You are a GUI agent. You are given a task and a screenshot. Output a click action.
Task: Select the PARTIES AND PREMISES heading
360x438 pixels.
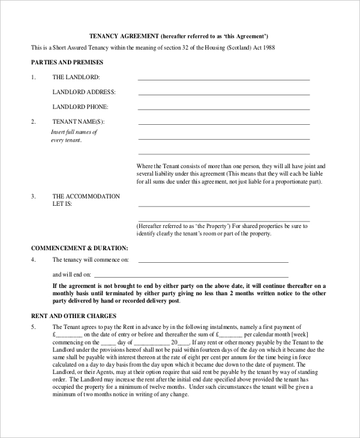point(67,62)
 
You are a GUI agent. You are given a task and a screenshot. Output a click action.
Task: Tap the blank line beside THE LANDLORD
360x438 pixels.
point(224,79)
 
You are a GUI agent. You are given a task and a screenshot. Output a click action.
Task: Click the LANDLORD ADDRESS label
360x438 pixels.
point(84,92)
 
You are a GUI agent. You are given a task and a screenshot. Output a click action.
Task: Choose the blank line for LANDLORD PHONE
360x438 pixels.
point(224,109)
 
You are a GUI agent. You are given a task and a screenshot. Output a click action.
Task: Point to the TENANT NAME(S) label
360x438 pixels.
point(82,122)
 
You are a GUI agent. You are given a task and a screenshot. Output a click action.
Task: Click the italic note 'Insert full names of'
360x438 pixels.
point(74,132)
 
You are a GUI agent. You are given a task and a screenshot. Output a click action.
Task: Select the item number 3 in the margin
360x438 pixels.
point(34,196)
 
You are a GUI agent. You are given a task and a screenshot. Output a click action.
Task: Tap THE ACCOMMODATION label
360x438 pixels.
point(86,196)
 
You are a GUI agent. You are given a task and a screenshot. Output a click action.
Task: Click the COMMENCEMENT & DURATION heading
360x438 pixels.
point(80,247)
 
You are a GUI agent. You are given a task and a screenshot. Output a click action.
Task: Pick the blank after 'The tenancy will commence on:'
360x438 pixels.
point(213,262)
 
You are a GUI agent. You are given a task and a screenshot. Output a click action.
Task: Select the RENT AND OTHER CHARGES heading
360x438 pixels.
point(73,316)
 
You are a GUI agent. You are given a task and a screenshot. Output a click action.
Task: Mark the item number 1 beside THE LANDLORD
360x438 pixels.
point(34,77)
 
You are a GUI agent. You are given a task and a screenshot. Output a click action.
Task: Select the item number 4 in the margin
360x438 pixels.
point(34,260)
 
